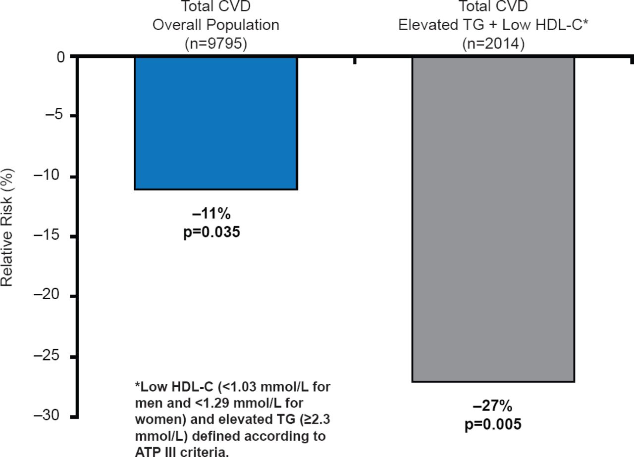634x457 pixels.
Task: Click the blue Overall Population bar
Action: click(215, 123)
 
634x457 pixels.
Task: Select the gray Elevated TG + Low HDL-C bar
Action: click(493, 219)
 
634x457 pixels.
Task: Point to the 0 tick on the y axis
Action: click(61, 57)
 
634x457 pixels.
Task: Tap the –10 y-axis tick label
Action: click(51, 177)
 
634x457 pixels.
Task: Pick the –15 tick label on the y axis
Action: click(51, 236)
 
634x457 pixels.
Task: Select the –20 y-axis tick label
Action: click(51, 296)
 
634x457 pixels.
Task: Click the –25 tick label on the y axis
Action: click(51, 356)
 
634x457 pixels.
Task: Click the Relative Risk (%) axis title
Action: click(8, 228)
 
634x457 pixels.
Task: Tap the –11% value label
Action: click(211, 214)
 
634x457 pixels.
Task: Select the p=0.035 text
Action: click(211, 231)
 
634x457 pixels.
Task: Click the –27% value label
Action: click(493, 407)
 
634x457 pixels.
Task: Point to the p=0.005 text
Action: click(493, 424)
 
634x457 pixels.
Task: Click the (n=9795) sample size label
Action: click(215, 44)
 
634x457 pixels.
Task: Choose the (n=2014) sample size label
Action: click(493, 44)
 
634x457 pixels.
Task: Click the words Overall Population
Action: click(215, 25)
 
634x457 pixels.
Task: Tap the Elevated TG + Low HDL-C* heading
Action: click(493, 25)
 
